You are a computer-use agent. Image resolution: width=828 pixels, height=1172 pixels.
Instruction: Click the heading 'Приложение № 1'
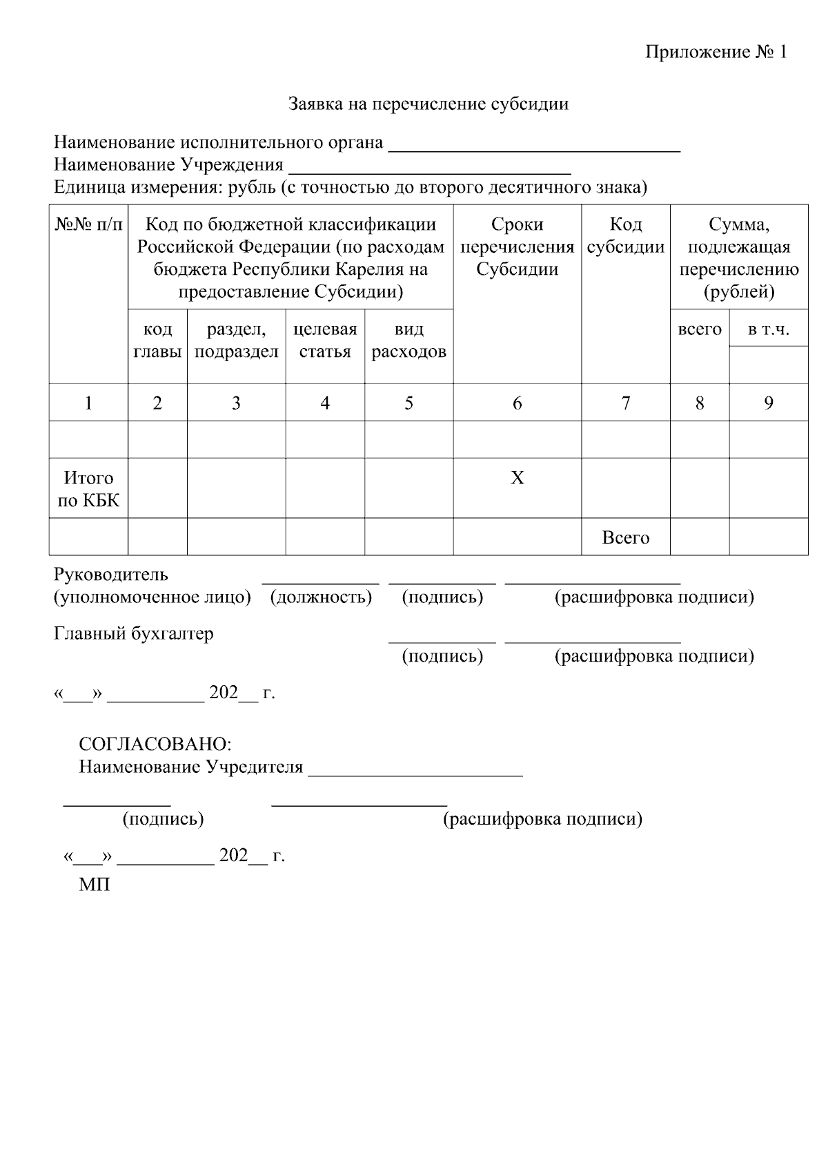point(716,52)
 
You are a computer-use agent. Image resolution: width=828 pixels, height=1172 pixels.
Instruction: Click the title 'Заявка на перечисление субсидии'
point(428,104)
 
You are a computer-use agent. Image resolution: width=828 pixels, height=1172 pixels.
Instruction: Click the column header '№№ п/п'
point(88,224)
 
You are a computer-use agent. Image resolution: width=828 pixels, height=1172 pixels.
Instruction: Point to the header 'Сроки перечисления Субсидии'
point(517,247)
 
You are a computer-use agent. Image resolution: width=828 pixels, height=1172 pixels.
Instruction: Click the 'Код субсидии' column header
point(625,236)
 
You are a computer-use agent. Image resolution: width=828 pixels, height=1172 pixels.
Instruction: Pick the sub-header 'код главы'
point(157,340)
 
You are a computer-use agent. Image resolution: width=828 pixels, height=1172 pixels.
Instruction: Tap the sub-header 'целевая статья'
point(325,340)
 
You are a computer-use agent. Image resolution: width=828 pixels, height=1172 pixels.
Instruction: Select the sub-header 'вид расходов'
point(408,340)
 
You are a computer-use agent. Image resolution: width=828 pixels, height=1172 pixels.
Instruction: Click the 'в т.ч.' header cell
point(768,330)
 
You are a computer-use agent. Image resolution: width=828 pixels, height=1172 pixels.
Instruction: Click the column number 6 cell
point(517,403)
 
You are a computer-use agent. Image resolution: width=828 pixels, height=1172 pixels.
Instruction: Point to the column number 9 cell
point(768,403)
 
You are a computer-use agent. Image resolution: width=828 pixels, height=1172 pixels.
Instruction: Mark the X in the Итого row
point(517,478)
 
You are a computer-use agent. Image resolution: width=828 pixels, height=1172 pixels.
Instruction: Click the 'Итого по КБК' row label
point(88,489)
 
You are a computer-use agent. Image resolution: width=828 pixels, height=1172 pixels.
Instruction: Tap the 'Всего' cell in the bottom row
point(625,538)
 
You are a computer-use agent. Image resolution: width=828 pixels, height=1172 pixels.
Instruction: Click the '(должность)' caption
point(321,597)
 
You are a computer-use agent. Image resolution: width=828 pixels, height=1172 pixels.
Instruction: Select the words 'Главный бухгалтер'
point(134,634)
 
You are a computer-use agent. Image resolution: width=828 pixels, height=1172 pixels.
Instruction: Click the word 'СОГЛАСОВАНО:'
point(155,744)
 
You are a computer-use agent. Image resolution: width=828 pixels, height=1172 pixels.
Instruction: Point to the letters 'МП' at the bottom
point(95,885)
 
